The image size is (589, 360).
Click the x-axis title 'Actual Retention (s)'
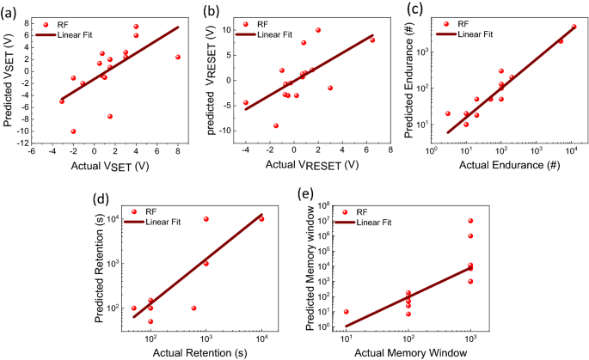[199, 353]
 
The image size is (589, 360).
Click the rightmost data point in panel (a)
[178, 58]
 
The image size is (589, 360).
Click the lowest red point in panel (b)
[276, 125]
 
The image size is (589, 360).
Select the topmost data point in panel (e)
[470, 221]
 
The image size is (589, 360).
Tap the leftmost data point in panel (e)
[347, 312]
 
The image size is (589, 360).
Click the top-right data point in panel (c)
[574, 27]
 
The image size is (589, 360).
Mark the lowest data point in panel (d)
[150, 321]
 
